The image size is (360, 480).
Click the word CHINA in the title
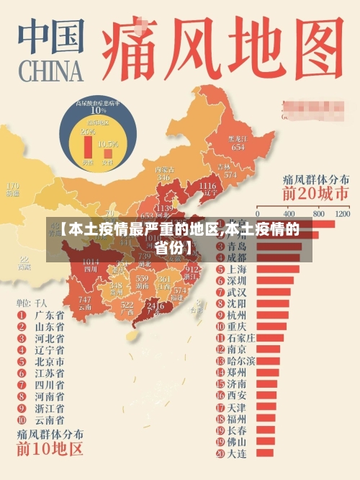pyautogui.click(x=49, y=72)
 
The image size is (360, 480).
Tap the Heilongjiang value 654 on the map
pyautogui.click(x=237, y=147)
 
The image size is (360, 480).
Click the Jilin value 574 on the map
pyautogui.click(x=230, y=174)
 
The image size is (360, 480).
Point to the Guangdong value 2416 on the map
pyautogui.click(x=155, y=306)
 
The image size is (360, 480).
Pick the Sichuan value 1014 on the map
pyautogui.click(x=91, y=262)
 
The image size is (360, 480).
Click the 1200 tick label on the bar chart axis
pyautogui.click(x=342, y=215)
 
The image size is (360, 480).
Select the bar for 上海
pyautogui.click(x=278, y=269)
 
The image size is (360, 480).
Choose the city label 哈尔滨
pyautogui.click(x=240, y=360)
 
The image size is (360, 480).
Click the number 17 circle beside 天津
pyautogui.click(x=219, y=407)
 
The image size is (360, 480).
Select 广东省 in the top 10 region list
pyautogui.click(x=49, y=315)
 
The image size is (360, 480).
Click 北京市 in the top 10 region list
pyautogui.click(x=49, y=362)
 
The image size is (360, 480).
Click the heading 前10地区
pyautogui.click(x=50, y=451)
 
